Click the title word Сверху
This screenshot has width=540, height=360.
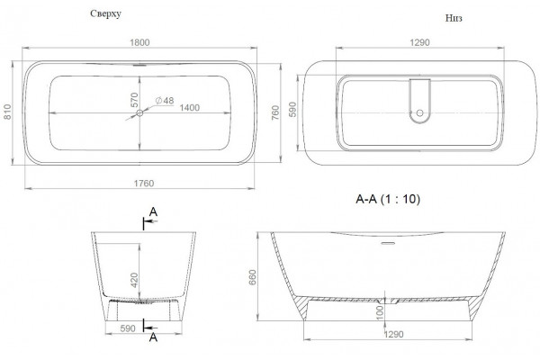coord(105,13)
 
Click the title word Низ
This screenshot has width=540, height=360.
coord(454,18)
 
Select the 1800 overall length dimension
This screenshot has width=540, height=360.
coord(139,42)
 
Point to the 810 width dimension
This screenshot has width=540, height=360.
coord(7,112)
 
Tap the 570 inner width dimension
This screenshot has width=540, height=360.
coord(134,100)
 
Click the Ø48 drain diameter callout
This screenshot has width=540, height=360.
coord(165,101)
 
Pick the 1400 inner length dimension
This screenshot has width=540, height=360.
coord(189,108)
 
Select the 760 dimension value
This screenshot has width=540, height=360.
coord(275,112)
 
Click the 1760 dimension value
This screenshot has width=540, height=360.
coord(144,184)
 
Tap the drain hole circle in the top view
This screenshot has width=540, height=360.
coord(139,112)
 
